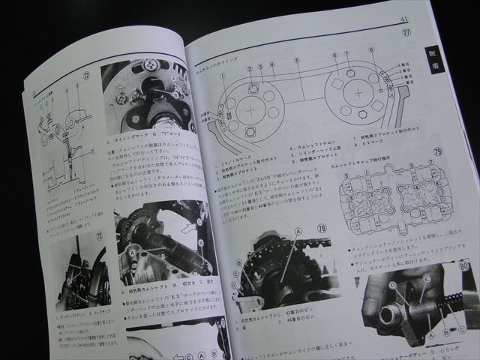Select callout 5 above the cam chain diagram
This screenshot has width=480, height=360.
click(297, 60)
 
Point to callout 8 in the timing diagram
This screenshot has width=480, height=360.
click(370, 50)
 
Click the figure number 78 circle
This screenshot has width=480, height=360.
click(343, 227)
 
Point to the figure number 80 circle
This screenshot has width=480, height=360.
click(465, 264)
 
